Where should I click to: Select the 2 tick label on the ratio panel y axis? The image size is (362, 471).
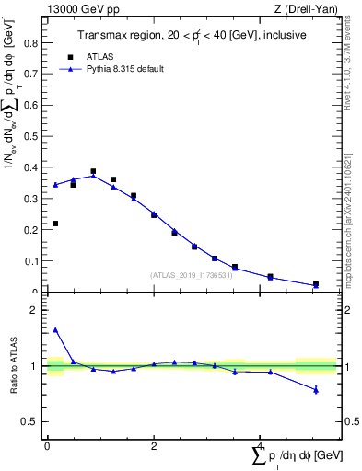pos(34,311)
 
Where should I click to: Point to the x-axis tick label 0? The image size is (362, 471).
pos(47,445)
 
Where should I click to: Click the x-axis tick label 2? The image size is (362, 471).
pos(154,445)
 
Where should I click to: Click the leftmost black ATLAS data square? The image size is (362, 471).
pos(55,224)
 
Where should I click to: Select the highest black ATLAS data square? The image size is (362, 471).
pos(93,171)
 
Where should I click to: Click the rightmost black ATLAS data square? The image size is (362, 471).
pos(316,284)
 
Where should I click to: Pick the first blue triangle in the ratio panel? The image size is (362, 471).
pos(55,330)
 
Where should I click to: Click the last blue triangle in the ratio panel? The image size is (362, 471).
pos(316,390)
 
